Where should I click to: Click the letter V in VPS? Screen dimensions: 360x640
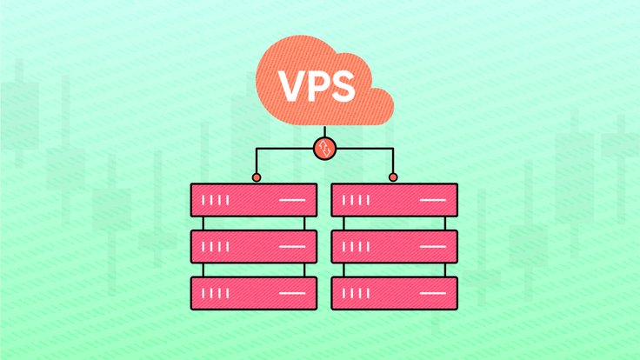pyautogui.click(x=291, y=85)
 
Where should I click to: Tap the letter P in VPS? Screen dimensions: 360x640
pyautogui.click(x=318, y=85)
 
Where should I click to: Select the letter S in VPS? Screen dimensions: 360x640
pyautogui.click(x=343, y=85)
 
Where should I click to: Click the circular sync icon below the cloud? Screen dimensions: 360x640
pyautogui.click(x=324, y=148)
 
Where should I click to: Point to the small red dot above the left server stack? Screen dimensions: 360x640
pyautogui.click(x=257, y=177)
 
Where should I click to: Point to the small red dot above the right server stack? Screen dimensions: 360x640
pyautogui.click(x=393, y=177)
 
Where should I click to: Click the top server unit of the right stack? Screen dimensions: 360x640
pyautogui.click(x=395, y=200)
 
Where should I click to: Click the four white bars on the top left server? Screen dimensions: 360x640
pyautogui.click(x=216, y=201)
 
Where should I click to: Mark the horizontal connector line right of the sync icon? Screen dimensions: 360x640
pyautogui.click(x=365, y=149)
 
